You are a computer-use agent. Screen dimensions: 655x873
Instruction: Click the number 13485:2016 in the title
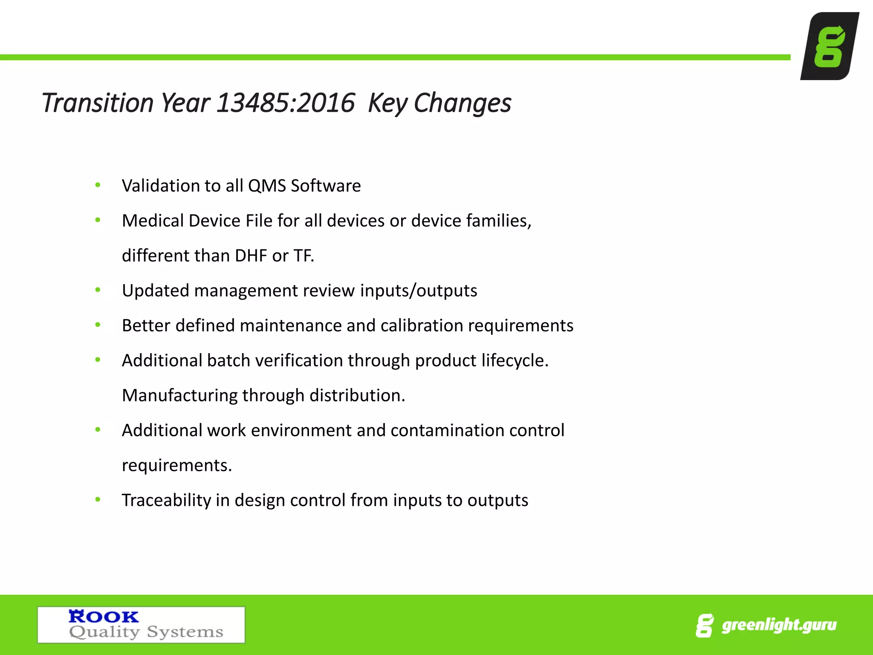(285, 103)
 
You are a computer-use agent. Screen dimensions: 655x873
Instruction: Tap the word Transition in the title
(97, 103)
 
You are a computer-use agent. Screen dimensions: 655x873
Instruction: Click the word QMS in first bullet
(267, 186)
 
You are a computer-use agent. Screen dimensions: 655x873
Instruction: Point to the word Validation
(160, 186)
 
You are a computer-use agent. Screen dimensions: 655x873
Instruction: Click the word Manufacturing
(179, 396)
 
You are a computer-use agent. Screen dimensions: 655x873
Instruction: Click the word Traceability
(166, 501)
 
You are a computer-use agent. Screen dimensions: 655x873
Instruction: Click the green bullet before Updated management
(98, 290)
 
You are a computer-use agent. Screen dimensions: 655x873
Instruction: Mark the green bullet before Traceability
(98, 500)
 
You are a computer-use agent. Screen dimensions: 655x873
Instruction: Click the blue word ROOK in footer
(104, 617)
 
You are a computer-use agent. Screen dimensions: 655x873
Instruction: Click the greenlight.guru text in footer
(779, 625)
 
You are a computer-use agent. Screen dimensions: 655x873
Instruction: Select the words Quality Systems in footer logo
(146, 632)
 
